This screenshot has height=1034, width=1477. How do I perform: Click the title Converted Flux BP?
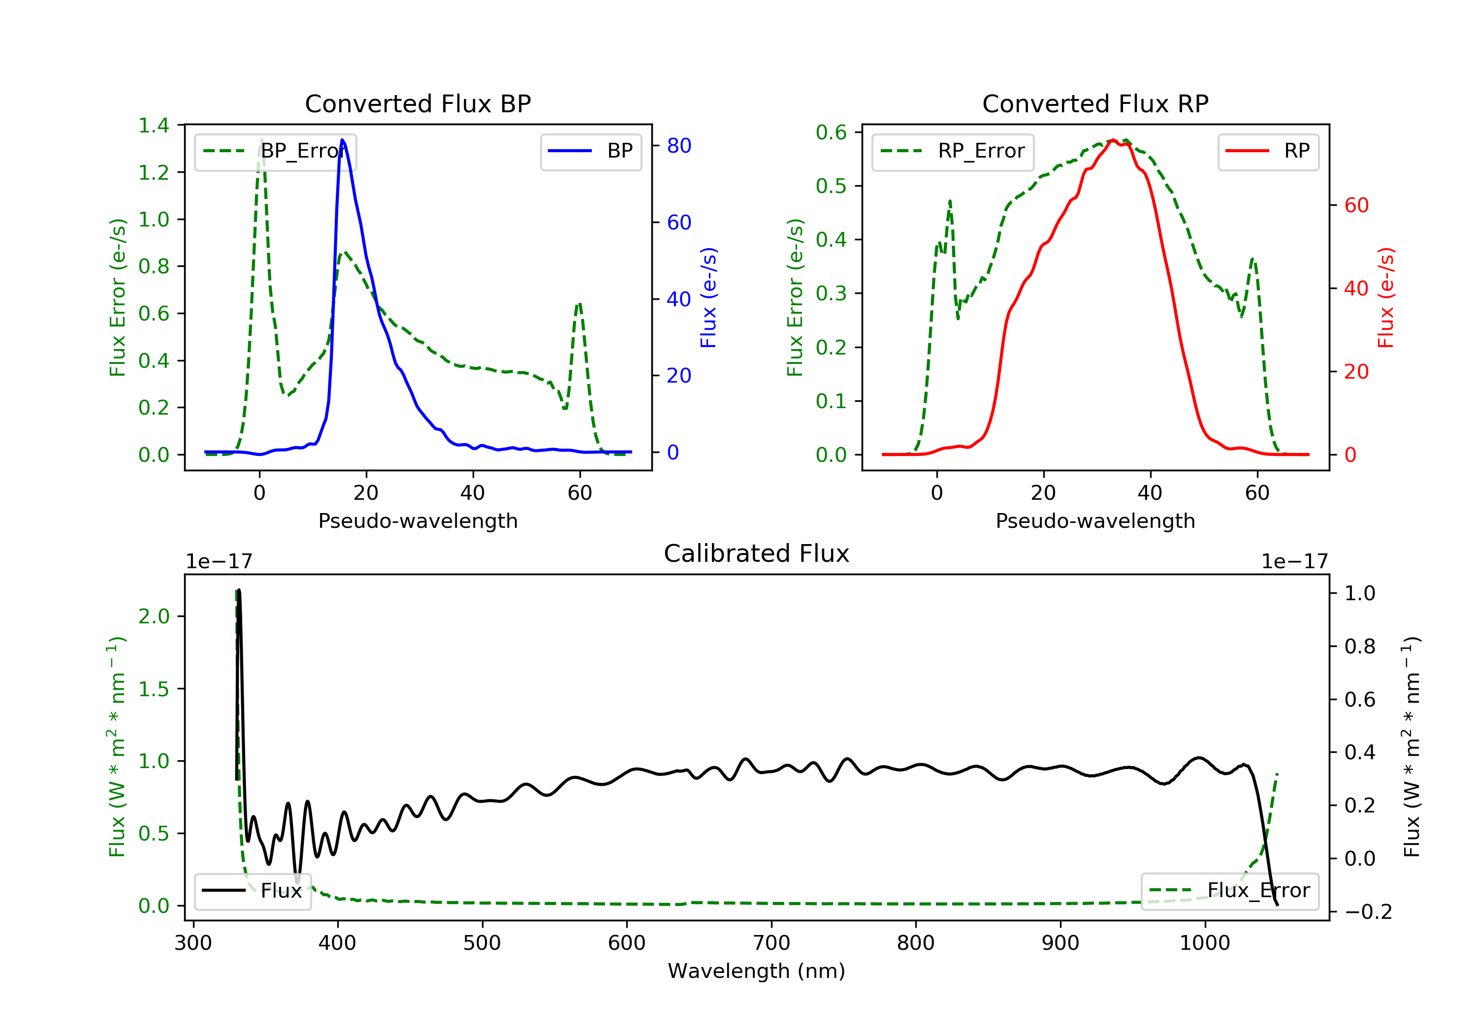coord(417,103)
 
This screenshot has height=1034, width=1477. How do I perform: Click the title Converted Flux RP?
coord(1095,103)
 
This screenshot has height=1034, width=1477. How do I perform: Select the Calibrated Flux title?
coord(757,553)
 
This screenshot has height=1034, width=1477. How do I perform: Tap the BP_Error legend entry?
coord(275,151)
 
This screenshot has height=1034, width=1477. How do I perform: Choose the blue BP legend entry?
coord(590,151)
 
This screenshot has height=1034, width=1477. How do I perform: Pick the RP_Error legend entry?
coord(953,151)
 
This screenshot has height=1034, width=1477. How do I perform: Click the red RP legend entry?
coord(1268,151)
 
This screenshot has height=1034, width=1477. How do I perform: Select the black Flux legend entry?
coord(252,891)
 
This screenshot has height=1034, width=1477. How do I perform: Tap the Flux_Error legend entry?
coord(1230,891)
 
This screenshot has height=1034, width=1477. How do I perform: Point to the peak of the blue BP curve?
coord(342,140)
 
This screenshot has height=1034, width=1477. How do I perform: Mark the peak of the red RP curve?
coord(1112,140)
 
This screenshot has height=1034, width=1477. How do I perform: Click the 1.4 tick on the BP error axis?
coord(154,125)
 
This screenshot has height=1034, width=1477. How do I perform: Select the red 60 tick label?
coord(1357,205)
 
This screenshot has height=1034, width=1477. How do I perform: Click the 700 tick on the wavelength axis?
coord(771,943)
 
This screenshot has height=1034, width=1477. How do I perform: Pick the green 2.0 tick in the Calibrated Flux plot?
coord(154,616)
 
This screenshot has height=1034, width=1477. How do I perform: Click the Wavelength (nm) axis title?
coord(757,971)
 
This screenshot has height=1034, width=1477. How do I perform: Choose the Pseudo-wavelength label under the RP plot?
coord(1095,520)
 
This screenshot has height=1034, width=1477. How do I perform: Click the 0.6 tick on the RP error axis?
coord(831,132)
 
